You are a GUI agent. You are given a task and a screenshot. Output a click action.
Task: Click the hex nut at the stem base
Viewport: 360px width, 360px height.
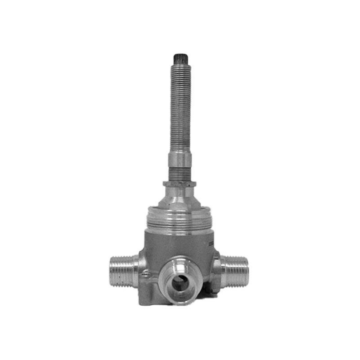tap(179, 184)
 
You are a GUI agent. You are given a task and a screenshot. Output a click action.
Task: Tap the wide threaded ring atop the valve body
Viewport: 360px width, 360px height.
tap(179, 220)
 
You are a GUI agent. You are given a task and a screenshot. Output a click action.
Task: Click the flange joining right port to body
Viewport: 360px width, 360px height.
tap(217, 270)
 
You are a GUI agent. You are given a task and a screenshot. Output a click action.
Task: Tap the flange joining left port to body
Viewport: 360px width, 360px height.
tap(137, 270)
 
